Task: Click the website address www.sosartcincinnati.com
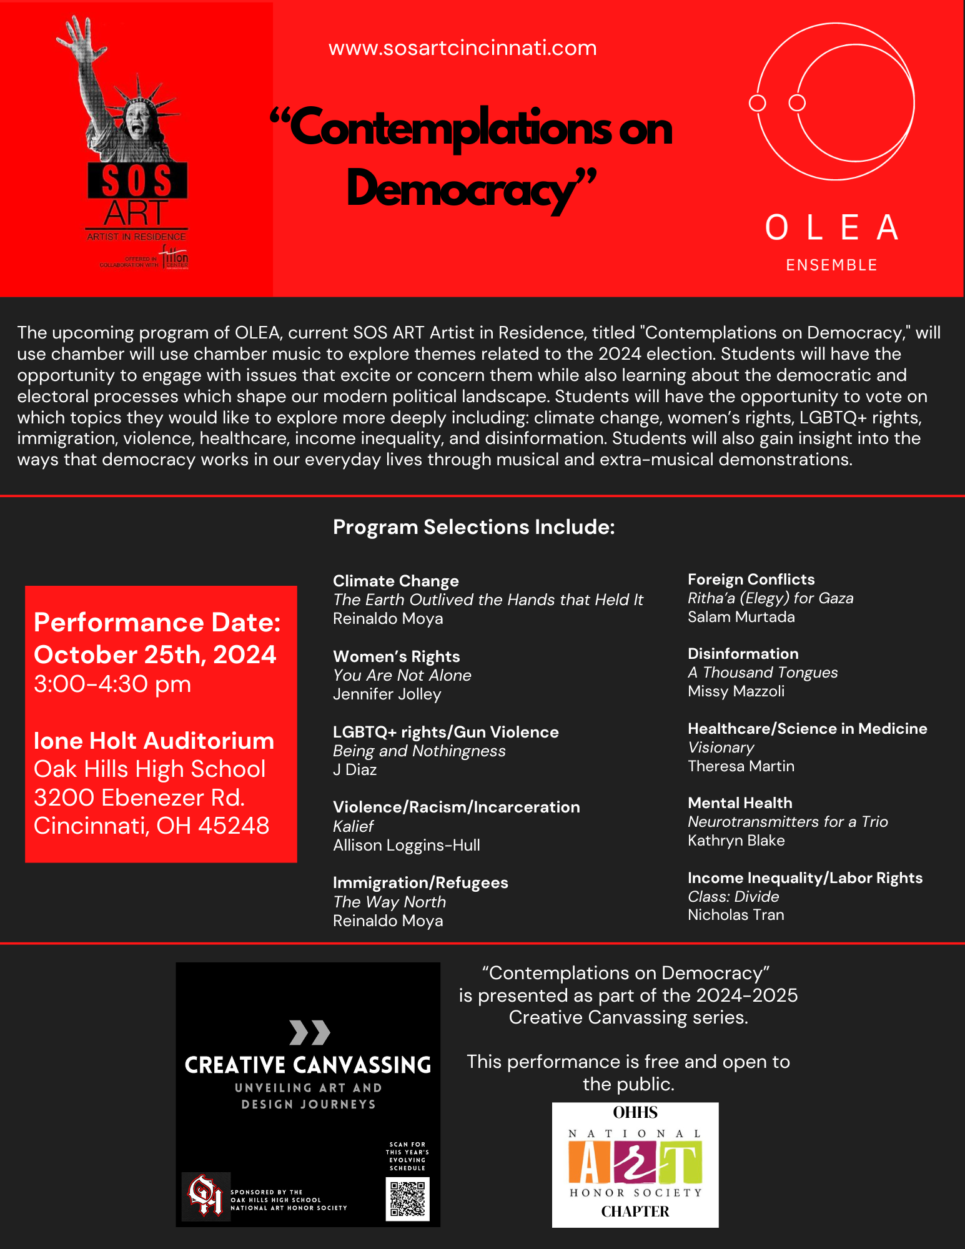(462, 48)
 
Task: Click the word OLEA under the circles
(831, 228)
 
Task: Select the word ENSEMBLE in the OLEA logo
(831, 265)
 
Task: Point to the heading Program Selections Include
(473, 527)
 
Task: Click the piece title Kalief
(353, 826)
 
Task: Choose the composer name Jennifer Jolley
(387, 694)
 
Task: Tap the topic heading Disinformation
(743, 654)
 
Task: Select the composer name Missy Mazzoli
(736, 691)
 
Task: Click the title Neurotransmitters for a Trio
(787, 822)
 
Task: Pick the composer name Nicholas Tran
(735, 915)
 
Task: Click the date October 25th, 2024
(155, 654)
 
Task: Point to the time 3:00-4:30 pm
(112, 684)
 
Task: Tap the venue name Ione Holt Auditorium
(154, 741)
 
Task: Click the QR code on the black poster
(407, 1198)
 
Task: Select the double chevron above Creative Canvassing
(309, 1032)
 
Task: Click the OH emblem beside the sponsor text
(205, 1195)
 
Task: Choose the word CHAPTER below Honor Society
(635, 1212)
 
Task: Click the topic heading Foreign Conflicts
(751, 580)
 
